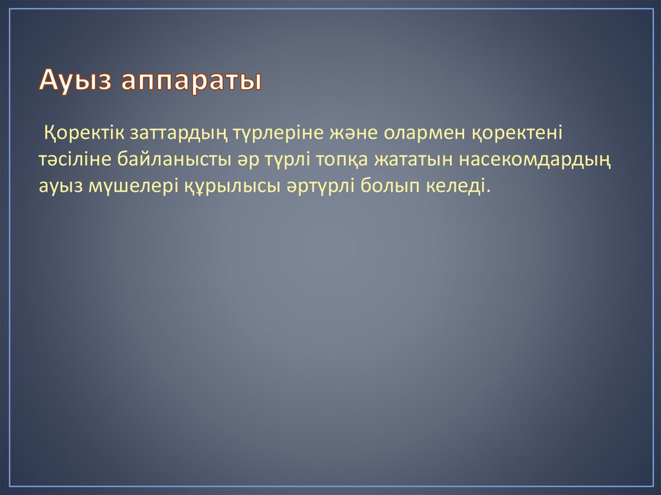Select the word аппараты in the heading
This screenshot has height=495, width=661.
point(192,83)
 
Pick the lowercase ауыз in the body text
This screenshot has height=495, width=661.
point(59,187)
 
